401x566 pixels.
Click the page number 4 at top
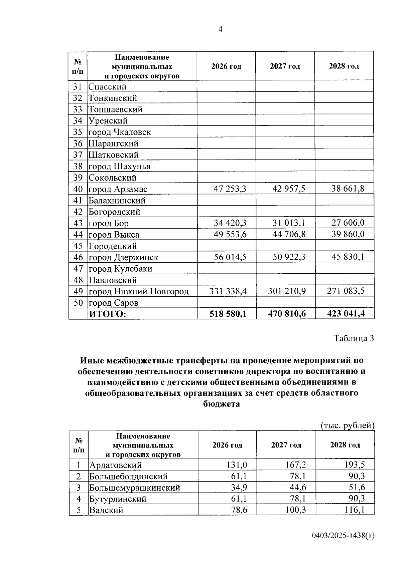[220, 29]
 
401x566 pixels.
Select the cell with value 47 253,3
[230, 189]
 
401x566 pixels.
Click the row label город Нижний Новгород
[138, 291]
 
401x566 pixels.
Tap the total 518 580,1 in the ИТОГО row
[228, 314]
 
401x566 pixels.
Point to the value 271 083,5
[345, 291]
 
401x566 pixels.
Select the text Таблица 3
[354, 338]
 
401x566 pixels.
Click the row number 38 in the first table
[78, 166]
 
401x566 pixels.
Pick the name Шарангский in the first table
[113, 144]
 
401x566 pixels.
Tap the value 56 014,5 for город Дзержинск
[230, 257]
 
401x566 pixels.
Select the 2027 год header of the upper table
[285, 66]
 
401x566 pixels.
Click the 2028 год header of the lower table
[345, 445]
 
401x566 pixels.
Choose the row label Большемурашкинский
[134, 488]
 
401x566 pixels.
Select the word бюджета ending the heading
[222, 404]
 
